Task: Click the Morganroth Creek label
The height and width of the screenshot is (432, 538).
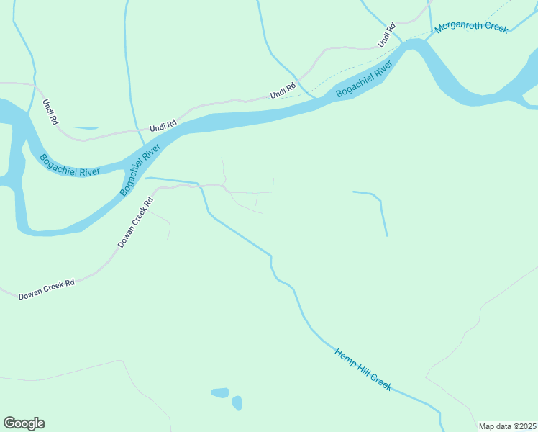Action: coord(471,27)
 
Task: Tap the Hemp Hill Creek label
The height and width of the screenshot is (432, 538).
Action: coord(363,369)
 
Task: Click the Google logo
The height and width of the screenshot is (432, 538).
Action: coord(24,423)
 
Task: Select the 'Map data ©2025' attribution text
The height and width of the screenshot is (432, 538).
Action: coord(506,426)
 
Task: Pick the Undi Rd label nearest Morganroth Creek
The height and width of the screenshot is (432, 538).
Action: coord(387,35)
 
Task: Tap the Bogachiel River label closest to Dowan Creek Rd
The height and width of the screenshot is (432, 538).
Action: coord(140,170)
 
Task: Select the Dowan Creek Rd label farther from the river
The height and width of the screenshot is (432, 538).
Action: coord(47,289)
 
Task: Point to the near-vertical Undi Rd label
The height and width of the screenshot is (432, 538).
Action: coord(50,112)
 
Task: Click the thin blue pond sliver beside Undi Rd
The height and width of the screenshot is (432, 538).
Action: coord(86,128)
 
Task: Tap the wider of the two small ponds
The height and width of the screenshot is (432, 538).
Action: coord(220,392)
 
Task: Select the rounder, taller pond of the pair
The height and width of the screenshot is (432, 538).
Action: coord(237,402)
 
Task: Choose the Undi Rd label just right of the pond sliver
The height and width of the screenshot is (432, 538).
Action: coord(163,126)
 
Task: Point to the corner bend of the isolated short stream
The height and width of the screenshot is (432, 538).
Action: coord(379,199)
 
